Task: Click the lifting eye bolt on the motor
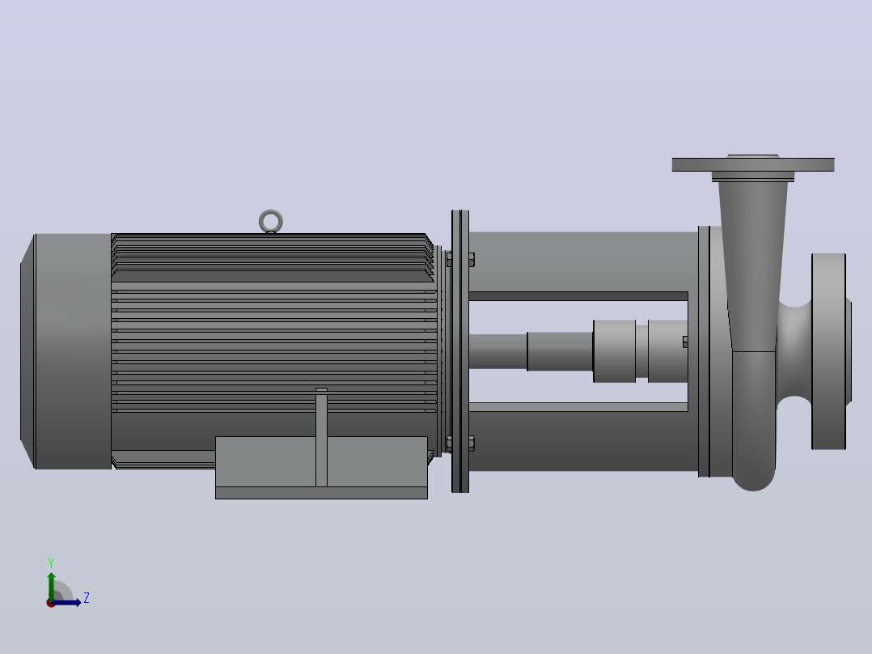271,212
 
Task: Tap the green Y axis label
51,563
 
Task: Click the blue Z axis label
87,598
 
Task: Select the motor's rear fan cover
66,351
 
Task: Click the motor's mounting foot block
321,468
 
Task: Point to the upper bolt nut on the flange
469,259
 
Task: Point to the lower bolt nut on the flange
469,444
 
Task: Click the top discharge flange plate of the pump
753,164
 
